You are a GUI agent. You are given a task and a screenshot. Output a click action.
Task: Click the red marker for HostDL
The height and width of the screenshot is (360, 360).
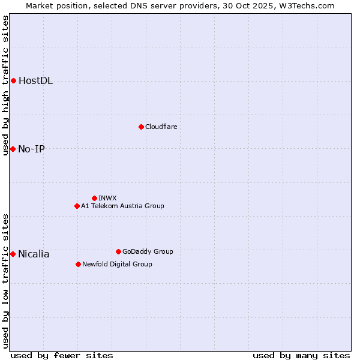[13, 80]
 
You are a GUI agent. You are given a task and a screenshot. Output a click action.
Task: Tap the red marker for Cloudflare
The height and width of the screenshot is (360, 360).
[141, 127]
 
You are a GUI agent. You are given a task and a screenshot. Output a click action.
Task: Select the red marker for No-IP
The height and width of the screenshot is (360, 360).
[13, 149]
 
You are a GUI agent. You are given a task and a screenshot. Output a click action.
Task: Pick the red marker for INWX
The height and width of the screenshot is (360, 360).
[94, 198]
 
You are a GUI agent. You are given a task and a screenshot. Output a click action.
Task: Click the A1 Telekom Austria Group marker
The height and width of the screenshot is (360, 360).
[77, 206]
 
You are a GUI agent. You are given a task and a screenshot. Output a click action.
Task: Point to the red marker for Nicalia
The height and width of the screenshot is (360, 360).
[13, 254]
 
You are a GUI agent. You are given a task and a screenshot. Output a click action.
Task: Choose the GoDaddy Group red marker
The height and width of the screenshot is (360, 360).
[118, 251]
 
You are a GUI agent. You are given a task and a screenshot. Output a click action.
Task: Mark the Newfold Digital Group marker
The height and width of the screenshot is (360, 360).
[78, 264]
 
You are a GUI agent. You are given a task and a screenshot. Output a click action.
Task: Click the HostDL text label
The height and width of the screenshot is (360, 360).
[35, 81]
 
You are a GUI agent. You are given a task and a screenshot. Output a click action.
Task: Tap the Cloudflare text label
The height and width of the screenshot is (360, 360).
[161, 127]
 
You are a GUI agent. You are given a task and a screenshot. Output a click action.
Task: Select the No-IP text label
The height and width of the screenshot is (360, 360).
[31, 149]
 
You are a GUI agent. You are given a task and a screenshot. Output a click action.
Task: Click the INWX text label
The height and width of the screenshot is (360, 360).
[107, 198]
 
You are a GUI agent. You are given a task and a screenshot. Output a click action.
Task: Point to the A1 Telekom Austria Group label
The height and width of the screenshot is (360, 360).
[122, 206]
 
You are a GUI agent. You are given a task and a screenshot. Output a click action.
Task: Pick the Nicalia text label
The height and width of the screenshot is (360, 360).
[34, 254]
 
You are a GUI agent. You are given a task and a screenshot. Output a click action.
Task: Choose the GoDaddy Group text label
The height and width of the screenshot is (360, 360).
[148, 251]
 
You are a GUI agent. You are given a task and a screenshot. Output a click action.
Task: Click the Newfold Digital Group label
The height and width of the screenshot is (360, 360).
[117, 264]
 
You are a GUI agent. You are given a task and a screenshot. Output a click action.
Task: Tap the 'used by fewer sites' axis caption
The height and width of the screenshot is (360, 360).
[62, 355]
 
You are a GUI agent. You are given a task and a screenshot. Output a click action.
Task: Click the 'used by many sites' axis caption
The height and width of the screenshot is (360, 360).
[301, 355]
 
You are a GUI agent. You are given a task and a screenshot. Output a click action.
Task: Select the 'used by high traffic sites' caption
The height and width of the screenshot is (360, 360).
[6, 85]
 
